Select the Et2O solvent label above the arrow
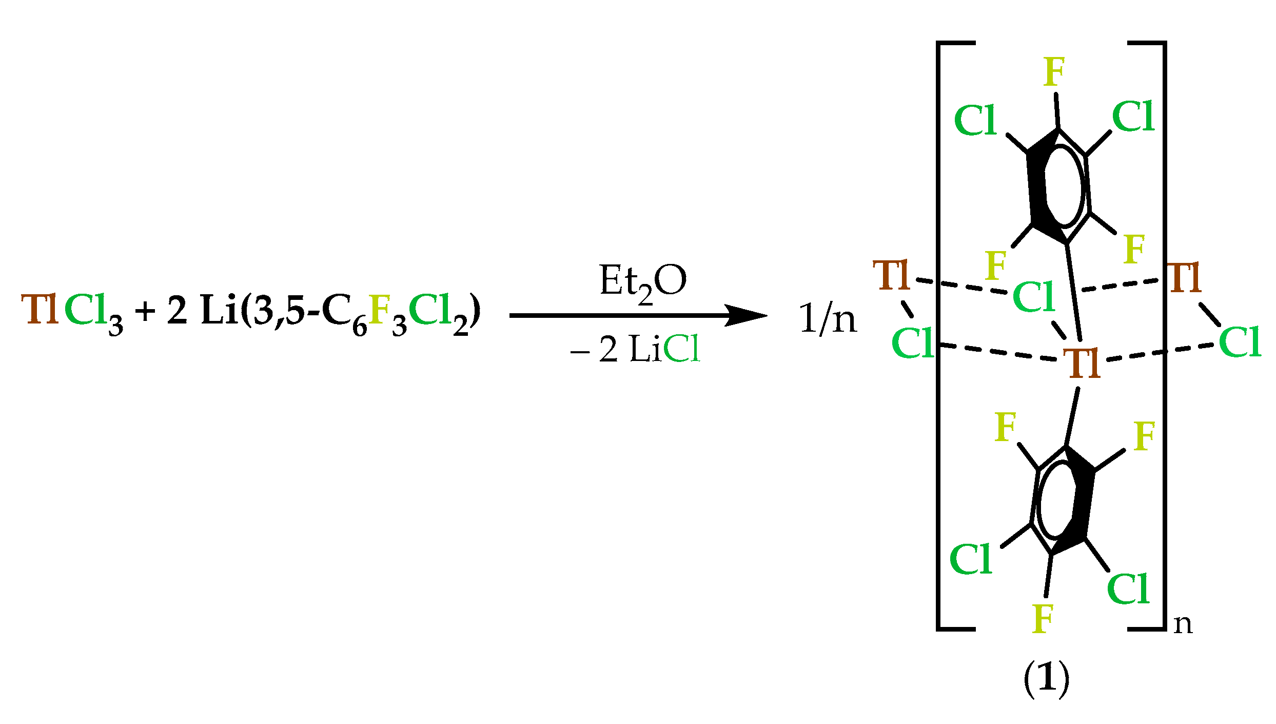(x=642, y=282)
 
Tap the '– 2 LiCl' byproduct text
(x=635, y=350)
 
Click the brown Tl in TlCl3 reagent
(x=40, y=310)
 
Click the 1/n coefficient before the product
(x=828, y=319)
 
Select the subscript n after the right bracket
(x=1183, y=624)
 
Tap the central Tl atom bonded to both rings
(x=1084, y=364)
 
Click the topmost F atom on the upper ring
(x=1054, y=72)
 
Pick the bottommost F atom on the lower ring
(x=1043, y=619)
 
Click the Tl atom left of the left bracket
(x=892, y=276)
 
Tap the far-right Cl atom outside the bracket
(x=1240, y=342)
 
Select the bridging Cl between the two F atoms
(x=1033, y=297)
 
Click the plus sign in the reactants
(x=146, y=312)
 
